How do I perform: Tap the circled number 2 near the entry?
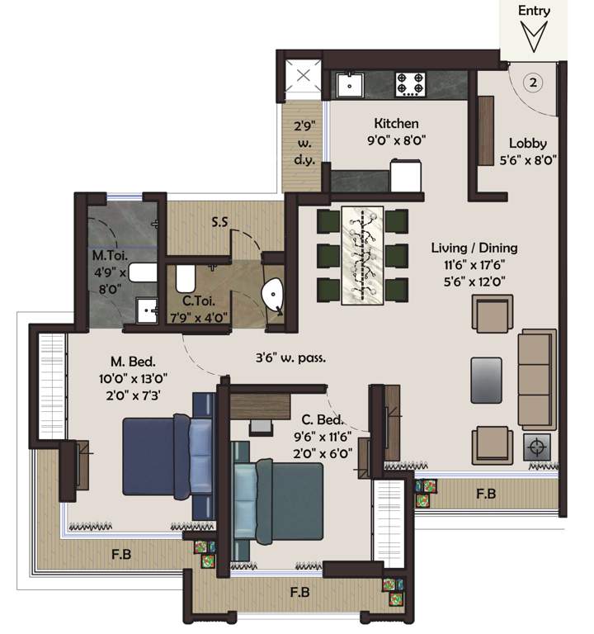tap(534, 83)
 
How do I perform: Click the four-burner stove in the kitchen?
tap(410, 83)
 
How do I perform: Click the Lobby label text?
tap(527, 142)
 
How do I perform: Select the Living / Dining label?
tap(474, 247)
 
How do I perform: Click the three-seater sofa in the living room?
tap(536, 376)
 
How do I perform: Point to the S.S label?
tap(219, 222)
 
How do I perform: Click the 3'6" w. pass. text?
tap(290, 358)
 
